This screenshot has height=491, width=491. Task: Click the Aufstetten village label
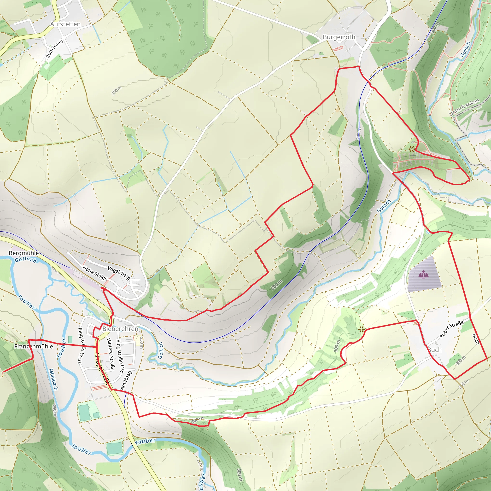(x=65, y=24)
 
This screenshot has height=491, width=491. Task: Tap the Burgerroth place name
(x=339, y=37)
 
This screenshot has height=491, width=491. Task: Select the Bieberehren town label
(x=120, y=329)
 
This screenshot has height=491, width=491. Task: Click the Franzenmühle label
(x=34, y=346)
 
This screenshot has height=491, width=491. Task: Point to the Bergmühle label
(x=24, y=253)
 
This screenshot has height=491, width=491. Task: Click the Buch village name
(x=435, y=350)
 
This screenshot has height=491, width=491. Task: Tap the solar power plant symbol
(x=423, y=274)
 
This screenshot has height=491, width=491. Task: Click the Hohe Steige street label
(x=95, y=273)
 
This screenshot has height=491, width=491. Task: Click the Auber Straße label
(x=451, y=329)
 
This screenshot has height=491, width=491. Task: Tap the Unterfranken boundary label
(x=464, y=107)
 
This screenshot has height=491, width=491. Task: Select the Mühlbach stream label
(x=53, y=380)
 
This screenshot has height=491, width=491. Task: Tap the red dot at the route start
(x=102, y=288)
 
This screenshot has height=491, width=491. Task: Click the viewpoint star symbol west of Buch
(x=361, y=330)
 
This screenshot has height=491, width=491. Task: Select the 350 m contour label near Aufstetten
(x=116, y=90)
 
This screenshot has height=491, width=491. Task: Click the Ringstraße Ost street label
(x=120, y=356)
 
